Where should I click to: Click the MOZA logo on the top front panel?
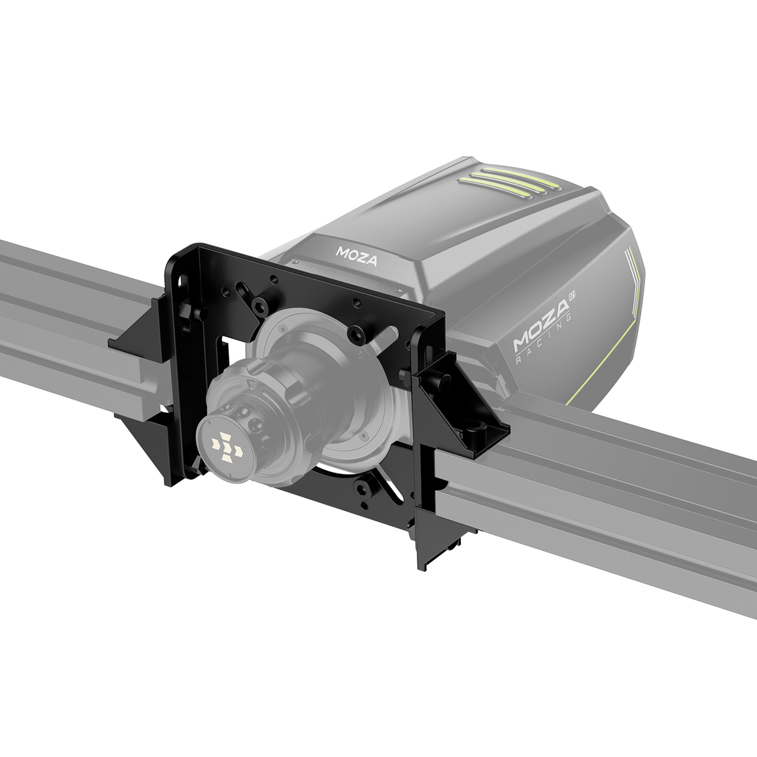pos(357,256)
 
